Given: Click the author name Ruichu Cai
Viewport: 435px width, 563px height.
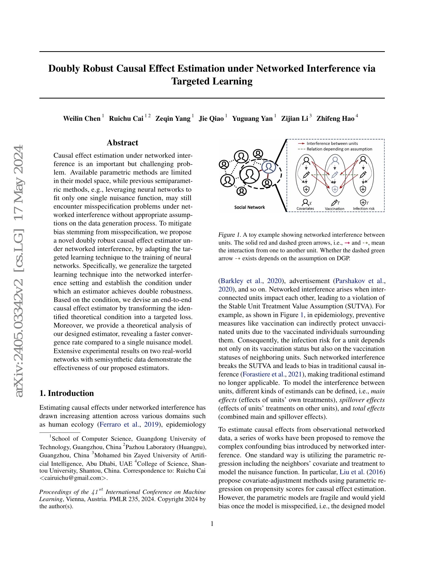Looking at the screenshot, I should point(126,118).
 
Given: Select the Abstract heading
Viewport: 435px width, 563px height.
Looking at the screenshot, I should point(122,143).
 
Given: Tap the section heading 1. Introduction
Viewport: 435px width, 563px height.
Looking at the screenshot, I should point(67,393).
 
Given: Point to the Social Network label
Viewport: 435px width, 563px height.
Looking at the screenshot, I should point(249,207).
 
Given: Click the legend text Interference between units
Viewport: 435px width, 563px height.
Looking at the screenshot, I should point(332,143).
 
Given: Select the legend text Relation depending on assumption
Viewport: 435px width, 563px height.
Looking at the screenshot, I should point(339,149).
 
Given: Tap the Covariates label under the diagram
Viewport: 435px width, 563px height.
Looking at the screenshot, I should point(305,208).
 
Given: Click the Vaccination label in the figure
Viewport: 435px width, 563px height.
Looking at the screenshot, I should point(334,209).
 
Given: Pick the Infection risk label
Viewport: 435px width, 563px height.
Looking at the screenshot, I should point(364,209).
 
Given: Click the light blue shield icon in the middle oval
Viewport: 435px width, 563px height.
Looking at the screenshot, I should point(335,189).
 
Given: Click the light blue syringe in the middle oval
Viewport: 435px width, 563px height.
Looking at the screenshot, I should point(334,175).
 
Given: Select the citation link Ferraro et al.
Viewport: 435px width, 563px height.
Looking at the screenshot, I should point(119,424).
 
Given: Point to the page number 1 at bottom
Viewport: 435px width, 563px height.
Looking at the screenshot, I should point(212,524).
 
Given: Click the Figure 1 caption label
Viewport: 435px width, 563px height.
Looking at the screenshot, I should point(229,235).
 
